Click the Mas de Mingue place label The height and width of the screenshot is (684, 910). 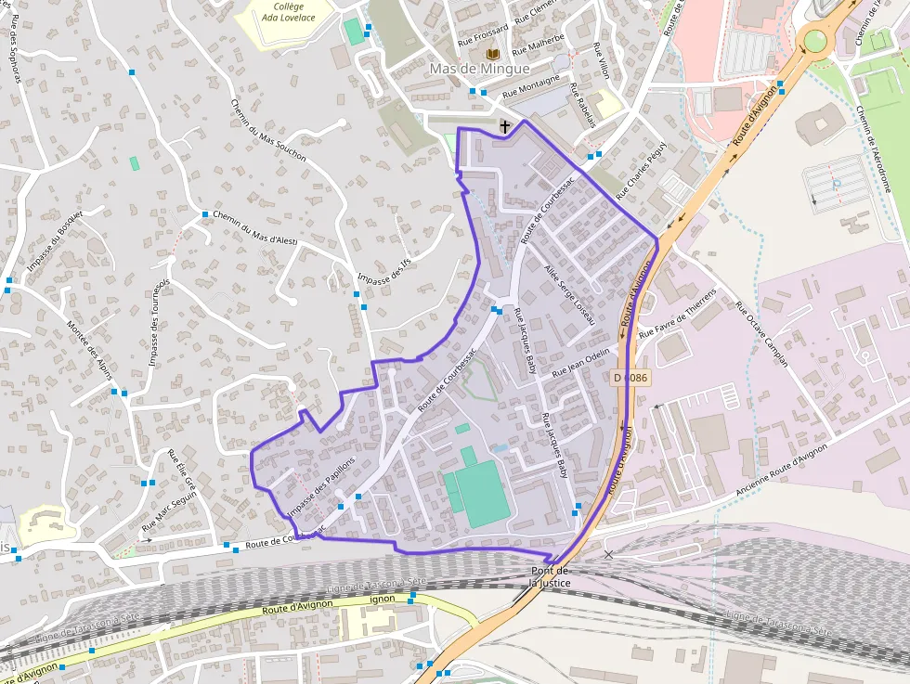479,69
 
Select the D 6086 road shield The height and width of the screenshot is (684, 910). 630,378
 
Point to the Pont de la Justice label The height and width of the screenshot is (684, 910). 550,576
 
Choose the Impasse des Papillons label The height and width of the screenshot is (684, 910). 321,486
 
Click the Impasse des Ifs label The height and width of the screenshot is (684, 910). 383,268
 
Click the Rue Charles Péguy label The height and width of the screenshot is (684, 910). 641,171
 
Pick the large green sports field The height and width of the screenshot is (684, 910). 476,493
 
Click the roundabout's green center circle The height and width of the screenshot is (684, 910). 815,40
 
